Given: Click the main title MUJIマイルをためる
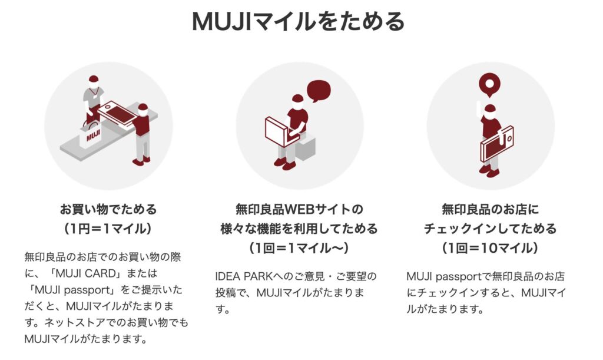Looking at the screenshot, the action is pyautogui.click(x=298, y=21).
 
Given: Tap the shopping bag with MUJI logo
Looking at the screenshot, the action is pyautogui.click(x=90, y=134).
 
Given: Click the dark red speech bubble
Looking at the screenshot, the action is pyautogui.click(x=319, y=91).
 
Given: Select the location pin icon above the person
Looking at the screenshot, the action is pyautogui.click(x=489, y=84).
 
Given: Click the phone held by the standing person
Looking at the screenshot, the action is pyautogui.click(x=496, y=143).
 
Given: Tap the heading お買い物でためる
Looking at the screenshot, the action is pyautogui.click(x=108, y=209).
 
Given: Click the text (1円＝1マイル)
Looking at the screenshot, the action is pyautogui.click(x=108, y=229).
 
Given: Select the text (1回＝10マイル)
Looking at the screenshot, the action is pyautogui.click(x=490, y=248).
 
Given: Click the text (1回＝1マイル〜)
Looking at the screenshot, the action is pyautogui.click(x=299, y=248).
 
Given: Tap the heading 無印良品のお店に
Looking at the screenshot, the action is pyautogui.click(x=491, y=209).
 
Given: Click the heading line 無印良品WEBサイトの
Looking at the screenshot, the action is pyautogui.click(x=299, y=209).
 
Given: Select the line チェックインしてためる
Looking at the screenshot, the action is pyautogui.click(x=491, y=229).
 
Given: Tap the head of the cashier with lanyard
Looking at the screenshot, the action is pyautogui.click(x=94, y=80).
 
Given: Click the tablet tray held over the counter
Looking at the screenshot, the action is pyautogui.click(x=118, y=113).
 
